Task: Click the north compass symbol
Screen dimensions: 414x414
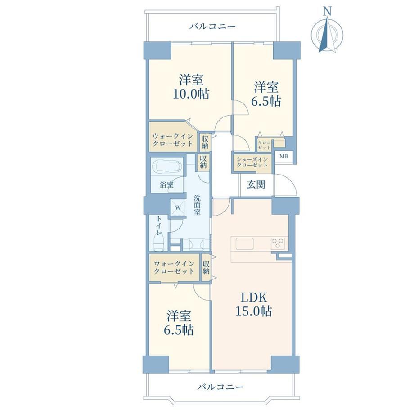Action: [328, 34]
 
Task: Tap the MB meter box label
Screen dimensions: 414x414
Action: [284, 156]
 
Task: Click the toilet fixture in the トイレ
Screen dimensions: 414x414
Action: [159, 243]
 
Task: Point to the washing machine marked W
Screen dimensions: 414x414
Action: [178, 207]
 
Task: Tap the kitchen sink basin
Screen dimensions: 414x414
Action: [245, 244]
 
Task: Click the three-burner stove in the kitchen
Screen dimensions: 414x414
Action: [278, 243]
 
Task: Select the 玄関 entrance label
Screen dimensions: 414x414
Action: [256, 184]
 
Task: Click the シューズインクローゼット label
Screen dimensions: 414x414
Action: [252, 162]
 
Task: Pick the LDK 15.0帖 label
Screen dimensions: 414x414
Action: [253, 305]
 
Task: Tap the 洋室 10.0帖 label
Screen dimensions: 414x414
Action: [191, 87]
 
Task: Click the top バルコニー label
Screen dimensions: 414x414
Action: [212, 27]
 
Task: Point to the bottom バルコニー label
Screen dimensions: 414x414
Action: [220, 387]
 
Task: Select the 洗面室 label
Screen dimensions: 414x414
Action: [197, 205]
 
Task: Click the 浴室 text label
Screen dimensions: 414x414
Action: [166, 184]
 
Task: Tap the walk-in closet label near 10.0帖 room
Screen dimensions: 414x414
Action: [173, 140]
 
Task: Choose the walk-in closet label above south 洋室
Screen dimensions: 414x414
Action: [174, 267]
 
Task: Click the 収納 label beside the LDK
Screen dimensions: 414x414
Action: [206, 267]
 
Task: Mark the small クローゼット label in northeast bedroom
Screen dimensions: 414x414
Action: [264, 145]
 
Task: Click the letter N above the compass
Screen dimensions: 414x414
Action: [328, 11]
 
